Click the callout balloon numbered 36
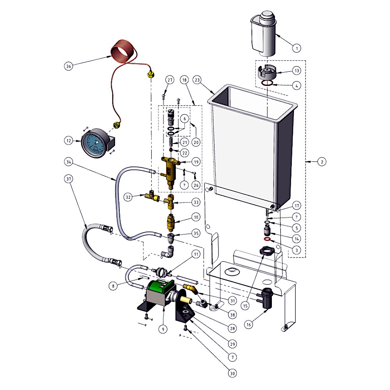[x=69, y=66]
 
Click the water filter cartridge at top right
[x=264, y=33]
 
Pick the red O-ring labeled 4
[x=267, y=83]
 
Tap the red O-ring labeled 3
[x=267, y=239]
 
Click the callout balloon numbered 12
[x=69, y=140]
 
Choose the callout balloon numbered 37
[x=69, y=179]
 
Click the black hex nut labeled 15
[x=266, y=251]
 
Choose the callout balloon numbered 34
[x=69, y=161]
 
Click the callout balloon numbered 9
[x=163, y=329]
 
